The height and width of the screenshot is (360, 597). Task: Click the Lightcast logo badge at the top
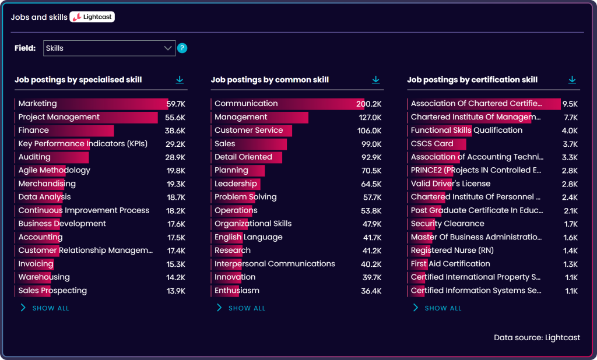click(x=92, y=17)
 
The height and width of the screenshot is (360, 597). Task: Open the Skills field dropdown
click(x=109, y=48)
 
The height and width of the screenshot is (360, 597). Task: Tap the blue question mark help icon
click(x=182, y=48)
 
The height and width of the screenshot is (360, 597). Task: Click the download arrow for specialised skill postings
click(x=180, y=80)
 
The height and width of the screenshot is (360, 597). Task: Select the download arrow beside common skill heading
click(x=376, y=80)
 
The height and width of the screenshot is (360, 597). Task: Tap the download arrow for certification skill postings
click(x=572, y=80)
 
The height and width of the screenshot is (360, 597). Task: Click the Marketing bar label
click(x=37, y=104)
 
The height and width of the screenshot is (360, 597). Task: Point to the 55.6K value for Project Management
click(x=175, y=117)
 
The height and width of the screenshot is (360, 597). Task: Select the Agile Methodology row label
click(x=54, y=171)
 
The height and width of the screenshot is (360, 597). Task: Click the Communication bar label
click(x=246, y=104)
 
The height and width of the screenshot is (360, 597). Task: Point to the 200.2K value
click(x=369, y=104)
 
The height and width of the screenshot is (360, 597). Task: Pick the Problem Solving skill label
click(x=245, y=197)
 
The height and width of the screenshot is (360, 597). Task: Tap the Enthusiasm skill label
click(x=237, y=291)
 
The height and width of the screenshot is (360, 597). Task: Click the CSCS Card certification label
click(x=432, y=144)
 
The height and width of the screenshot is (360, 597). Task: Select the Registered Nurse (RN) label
click(x=451, y=250)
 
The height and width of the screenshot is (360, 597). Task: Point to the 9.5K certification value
click(x=570, y=104)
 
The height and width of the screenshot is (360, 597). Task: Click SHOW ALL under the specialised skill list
click(x=50, y=308)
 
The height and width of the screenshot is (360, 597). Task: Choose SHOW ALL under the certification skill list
click(x=443, y=308)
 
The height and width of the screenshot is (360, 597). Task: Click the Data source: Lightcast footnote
click(x=537, y=337)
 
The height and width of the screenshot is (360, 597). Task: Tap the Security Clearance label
click(x=447, y=224)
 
